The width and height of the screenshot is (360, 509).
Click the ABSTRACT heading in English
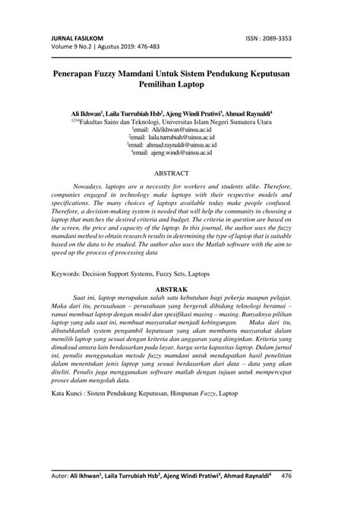[179, 173]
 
